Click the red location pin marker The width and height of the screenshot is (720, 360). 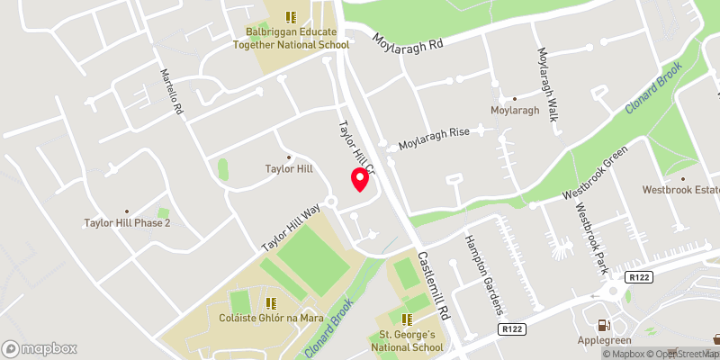359,179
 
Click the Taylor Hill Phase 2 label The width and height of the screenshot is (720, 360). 127,222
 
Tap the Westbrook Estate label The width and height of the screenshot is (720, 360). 680,190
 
